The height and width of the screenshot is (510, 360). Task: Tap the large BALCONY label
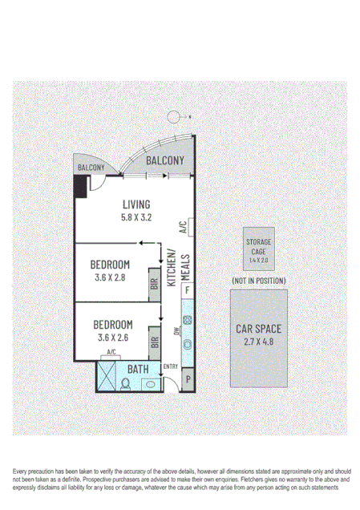pos(165,160)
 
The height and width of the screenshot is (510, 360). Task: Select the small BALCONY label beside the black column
pos(91,167)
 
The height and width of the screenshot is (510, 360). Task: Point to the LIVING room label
pos(136,203)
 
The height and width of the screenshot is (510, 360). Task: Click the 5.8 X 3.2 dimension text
pos(136,217)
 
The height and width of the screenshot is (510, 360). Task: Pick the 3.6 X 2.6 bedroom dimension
pos(113,338)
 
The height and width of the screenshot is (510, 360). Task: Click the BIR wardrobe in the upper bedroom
pos(154,284)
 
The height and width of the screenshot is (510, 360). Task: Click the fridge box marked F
pos(188,289)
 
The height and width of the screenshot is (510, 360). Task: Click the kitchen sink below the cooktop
pos(187,344)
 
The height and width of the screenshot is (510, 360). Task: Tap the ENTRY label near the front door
pos(170,367)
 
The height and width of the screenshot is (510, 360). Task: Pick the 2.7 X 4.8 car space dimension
pos(258,342)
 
